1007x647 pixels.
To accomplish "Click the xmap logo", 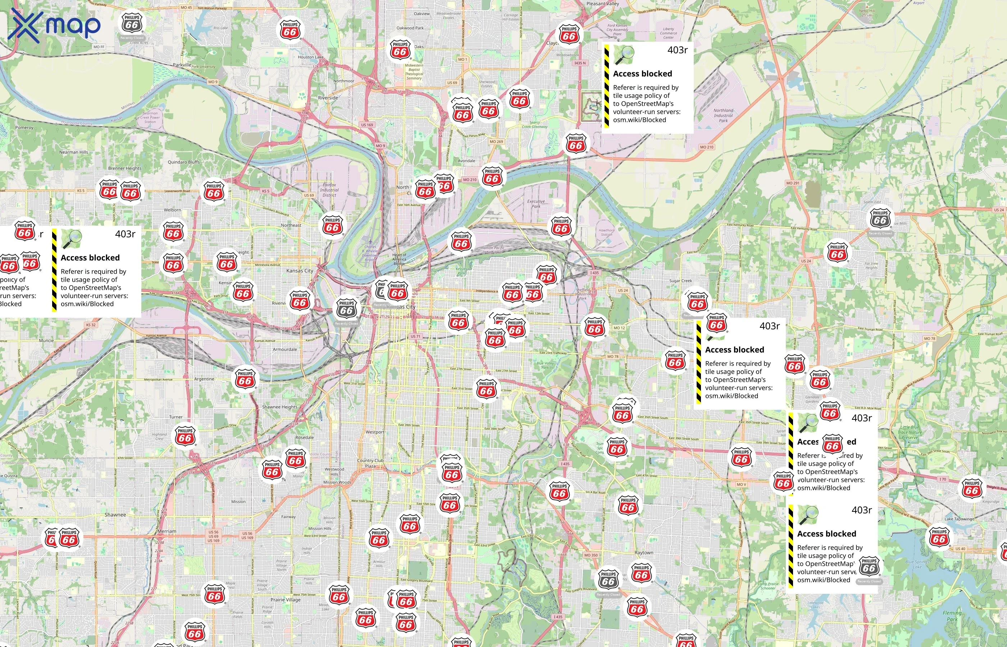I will tap(54, 26).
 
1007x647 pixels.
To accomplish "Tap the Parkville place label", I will tap(182, 65).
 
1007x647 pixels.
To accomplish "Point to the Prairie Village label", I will tap(285, 600).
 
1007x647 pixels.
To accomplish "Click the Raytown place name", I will tap(643, 552).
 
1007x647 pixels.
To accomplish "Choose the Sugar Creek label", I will tap(680, 281).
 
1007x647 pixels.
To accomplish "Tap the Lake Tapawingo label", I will tap(959, 519).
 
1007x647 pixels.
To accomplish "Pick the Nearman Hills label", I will tap(74, 152).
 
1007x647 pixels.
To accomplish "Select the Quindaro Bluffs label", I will tap(184, 162).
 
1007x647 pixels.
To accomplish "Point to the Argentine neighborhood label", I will tap(204, 379).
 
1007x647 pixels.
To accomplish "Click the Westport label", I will tap(374, 432).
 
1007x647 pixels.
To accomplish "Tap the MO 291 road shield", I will tap(793, 183).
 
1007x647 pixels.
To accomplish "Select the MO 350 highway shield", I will tap(591, 555).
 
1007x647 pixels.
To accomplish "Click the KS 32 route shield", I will tap(91, 325).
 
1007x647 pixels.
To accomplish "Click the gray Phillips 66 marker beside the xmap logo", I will tap(132, 24).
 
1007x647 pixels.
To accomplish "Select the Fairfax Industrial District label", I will tap(329, 190).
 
